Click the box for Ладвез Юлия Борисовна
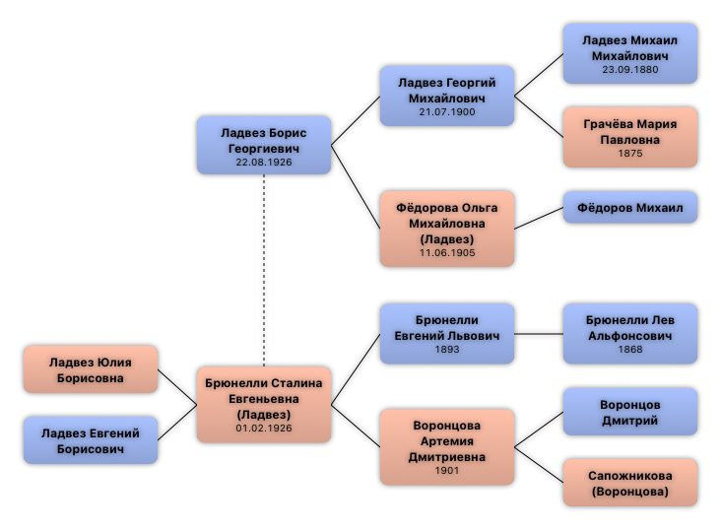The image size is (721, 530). (91, 369)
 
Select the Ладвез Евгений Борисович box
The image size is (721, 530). (91, 440)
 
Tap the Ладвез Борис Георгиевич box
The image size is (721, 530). (264, 145)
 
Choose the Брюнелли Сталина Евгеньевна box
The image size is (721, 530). (264, 404)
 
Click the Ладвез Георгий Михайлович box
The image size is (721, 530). (447, 96)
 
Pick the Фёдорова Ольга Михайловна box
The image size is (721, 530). (447, 229)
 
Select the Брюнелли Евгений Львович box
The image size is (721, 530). (447, 333)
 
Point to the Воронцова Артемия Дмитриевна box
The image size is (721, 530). (447, 446)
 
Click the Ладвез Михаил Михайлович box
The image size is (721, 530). (630, 53)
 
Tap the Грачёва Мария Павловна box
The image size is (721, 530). (630, 136)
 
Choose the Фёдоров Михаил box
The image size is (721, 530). (630, 208)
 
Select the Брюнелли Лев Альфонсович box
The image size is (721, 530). (630, 333)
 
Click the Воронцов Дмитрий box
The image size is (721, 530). (630, 412)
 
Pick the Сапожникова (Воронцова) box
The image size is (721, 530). (630, 483)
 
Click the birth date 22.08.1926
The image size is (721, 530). (264, 162)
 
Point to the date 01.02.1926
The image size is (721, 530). (264, 429)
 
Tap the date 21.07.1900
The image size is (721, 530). (447, 112)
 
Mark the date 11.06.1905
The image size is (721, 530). (447, 253)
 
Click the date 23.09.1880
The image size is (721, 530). (630, 70)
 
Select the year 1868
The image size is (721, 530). (630, 350)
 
